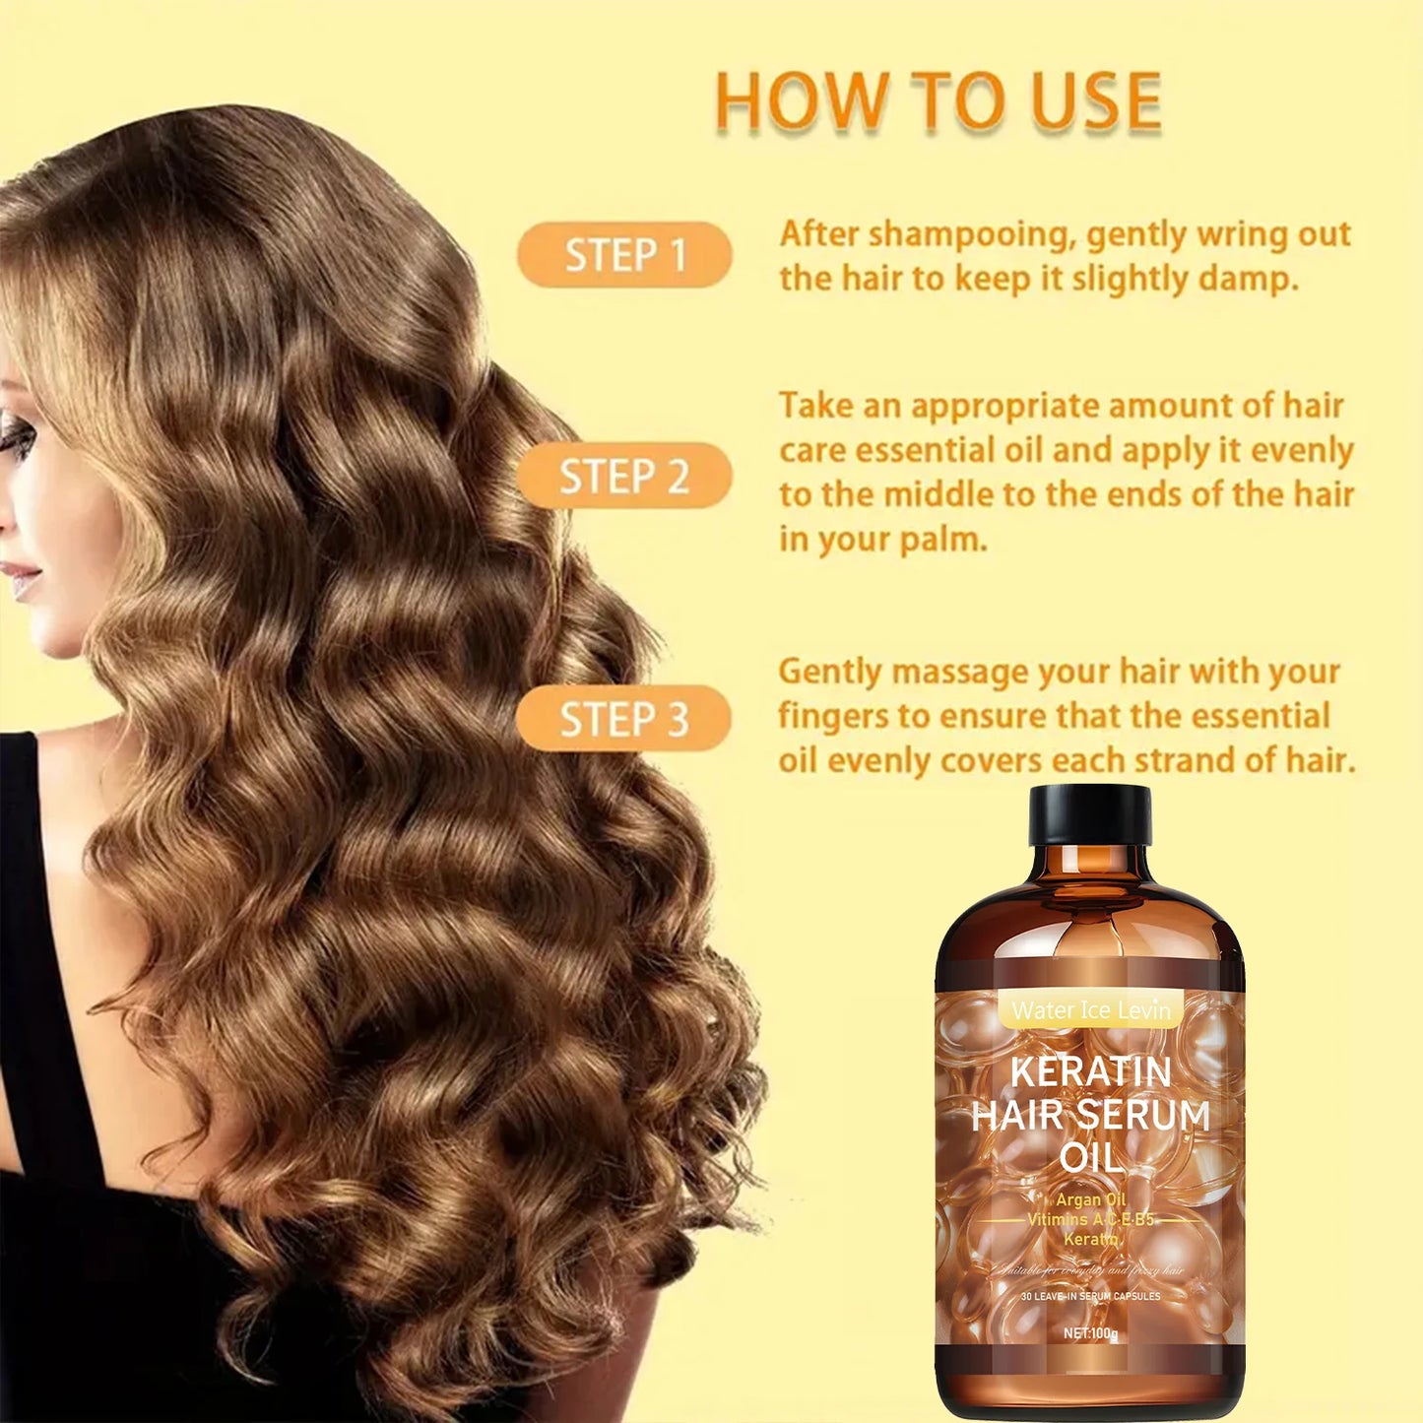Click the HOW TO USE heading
point(938,101)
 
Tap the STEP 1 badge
point(624,255)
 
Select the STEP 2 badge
point(624,477)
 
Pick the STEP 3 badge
point(623,719)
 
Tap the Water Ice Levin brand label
point(1091,1010)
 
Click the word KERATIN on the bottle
point(1090,1071)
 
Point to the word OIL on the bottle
point(1090,1158)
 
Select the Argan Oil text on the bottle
point(1090,1199)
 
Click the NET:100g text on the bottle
point(1090,1333)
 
